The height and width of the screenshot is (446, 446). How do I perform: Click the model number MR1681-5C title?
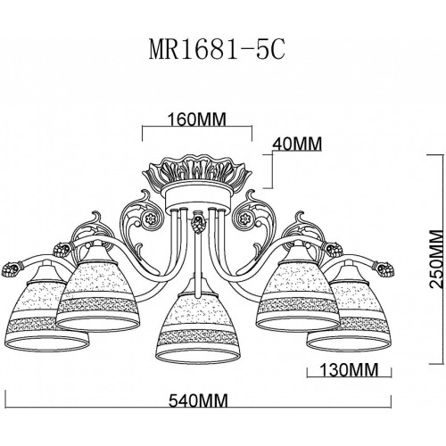coord(217,50)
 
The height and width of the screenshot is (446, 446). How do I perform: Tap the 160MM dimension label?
coord(197,120)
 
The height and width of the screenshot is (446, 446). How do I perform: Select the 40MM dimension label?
coord(297,145)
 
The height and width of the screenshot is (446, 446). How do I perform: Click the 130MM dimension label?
coord(349,370)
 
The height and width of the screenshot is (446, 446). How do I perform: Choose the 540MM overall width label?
coord(198,401)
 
